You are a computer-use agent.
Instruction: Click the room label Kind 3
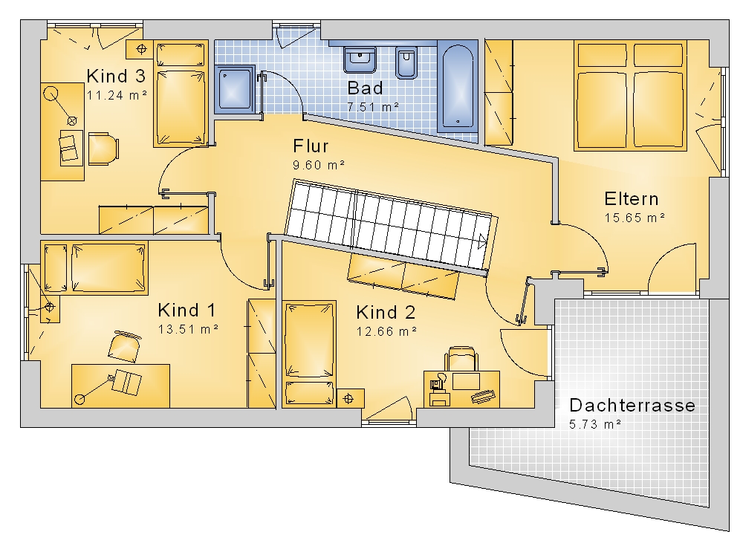[x=116, y=76]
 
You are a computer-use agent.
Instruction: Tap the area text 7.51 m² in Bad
[x=373, y=107]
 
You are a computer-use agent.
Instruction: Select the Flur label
[x=311, y=146]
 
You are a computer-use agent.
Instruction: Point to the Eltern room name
[x=631, y=198]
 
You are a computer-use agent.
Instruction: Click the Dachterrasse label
[x=632, y=406]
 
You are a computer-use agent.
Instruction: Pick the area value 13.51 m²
[x=188, y=329]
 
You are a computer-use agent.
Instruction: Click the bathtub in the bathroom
[x=457, y=86]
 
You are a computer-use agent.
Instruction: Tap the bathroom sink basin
[x=360, y=59]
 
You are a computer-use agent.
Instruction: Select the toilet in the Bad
[x=406, y=62]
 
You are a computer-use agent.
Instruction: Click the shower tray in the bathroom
[x=235, y=89]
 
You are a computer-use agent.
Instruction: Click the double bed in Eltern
[x=630, y=96]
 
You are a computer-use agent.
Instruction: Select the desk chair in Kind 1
[x=125, y=347]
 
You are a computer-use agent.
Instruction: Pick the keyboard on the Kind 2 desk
[x=484, y=397]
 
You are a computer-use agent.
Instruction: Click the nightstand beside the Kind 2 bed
[x=350, y=399]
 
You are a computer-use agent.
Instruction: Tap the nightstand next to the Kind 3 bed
[x=140, y=49]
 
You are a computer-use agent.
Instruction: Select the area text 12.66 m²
[x=386, y=331]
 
